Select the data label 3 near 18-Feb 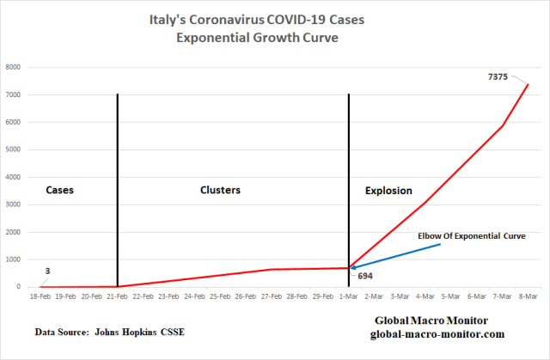coord(47,271)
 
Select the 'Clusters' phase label coord(220,190)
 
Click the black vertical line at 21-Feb coord(117,189)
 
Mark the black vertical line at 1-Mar coord(348,189)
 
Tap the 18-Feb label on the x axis coord(40,296)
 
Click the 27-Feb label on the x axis coord(271,296)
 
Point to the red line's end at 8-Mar coord(528,84)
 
